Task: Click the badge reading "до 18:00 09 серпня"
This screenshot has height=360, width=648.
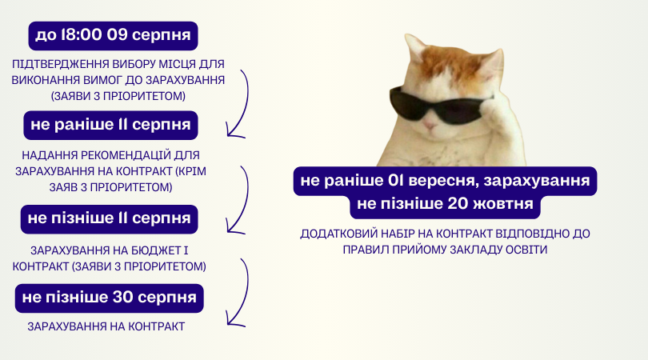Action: coord(113,36)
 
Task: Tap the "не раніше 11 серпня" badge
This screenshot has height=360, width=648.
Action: coord(110,126)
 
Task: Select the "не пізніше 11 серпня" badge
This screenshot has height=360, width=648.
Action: coord(109,219)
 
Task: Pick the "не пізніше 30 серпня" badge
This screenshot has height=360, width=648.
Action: coord(109,298)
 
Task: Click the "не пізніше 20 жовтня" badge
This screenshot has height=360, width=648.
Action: coord(445,204)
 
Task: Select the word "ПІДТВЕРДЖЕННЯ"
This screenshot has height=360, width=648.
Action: coord(60,65)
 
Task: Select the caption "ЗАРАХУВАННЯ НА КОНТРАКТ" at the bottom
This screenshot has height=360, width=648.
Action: coord(106,326)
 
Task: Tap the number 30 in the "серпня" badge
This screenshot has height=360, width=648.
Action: coord(122,297)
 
